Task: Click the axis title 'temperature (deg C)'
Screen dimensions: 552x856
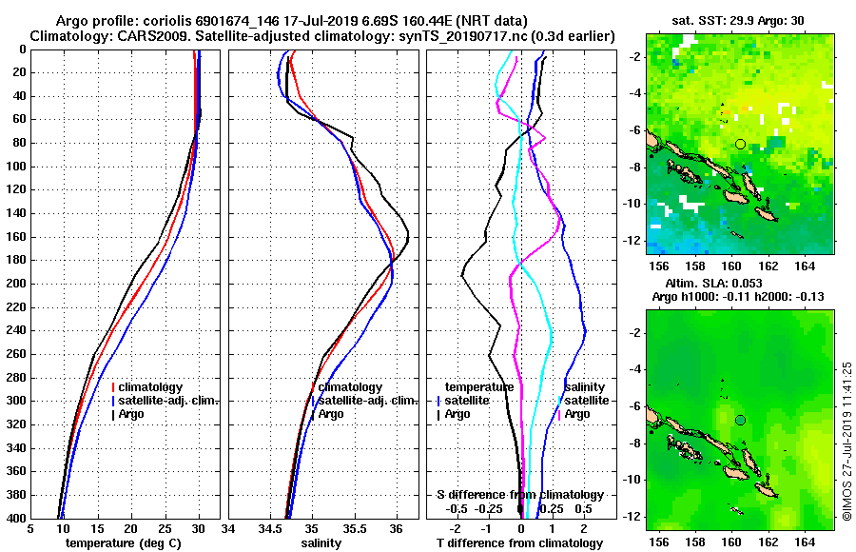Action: [124, 542]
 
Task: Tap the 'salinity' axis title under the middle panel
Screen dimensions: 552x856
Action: [323, 542]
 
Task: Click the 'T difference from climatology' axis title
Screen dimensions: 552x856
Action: [520, 542]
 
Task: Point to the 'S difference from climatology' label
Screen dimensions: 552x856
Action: [520, 495]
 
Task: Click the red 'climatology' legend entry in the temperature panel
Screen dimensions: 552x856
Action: [151, 387]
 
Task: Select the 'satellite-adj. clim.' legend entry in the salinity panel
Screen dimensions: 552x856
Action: [365, 401]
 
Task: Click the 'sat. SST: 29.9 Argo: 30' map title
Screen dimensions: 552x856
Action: [739, 21]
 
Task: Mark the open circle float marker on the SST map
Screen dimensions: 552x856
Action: [740, 144]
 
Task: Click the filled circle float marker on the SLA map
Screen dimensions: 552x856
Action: [740, 420]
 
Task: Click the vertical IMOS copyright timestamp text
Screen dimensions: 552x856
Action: [846, 441]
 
